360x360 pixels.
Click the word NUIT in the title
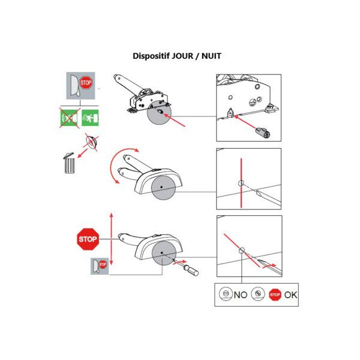pyautogui.click(x=211, y=56)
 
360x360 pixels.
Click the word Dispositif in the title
pyautogui.click(x=151, y=56)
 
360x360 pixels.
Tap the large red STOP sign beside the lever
pyautogui.click(x=88, y=239)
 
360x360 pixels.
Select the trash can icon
pyautogui.click(x=69, y=163)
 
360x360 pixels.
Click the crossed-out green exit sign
pyautogui.click(x=70, y=118)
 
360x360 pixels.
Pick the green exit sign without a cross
pyautogui.click(x=90, y=118)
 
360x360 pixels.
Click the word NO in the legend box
pyautogui.click(x=241, y=295)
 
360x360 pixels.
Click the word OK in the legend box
pyautogui.click(x=290, y=295)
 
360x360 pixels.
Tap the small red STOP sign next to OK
pyautogui.click(x=275, y=295)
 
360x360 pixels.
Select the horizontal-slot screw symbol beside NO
pyautogui.click(x=226, y=293)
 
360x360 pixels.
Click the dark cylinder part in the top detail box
pyautogui.click(x=263, y=133)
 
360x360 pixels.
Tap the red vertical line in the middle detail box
pyautogui.click(x=241, y=183)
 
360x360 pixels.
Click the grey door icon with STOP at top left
pyautogui.click(x=80, y=86)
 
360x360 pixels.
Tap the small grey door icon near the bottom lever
pyautogui.click(x=100, y=266)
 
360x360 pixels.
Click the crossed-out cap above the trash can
pyautogui.click(x=92, y=142)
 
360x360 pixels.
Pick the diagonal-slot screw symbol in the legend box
pyautogui.click(x=258, y=293)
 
